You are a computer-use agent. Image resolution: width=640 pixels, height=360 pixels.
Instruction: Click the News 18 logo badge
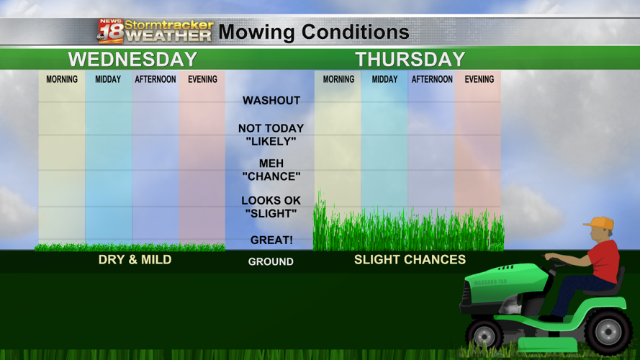click(x=110, y=31)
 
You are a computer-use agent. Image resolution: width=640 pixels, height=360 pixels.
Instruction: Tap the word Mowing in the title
click(x=256, y=32)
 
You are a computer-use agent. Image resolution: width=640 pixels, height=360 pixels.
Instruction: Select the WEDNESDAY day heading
click(x=132, y=59)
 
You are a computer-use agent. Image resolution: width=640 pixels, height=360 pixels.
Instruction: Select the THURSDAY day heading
click(x=410, y=59)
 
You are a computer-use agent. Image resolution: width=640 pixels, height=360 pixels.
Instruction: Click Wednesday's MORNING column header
click(x=62, y=79)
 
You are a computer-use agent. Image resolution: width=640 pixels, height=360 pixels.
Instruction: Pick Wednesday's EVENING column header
click(x=202, y=79)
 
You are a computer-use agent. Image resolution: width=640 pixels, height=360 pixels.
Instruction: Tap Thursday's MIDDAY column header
click(x=384, y=79)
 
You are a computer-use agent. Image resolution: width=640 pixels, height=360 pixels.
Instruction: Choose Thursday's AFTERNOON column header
click(x=432, y=79)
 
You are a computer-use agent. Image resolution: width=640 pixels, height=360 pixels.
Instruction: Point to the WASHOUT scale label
click(x=271, y=101)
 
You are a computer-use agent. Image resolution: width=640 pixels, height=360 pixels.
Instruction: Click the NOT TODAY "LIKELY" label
click(x=271, y=135)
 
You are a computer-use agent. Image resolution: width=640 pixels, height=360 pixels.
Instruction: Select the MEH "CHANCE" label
click(x=271, y=170)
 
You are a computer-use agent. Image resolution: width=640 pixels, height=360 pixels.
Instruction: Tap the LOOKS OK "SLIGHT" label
click(x=271, y=207)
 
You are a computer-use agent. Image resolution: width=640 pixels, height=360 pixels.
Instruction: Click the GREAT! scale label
click(x=271, y=240)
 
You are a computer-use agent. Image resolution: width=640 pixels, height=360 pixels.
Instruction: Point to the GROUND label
click(x=271, y=261)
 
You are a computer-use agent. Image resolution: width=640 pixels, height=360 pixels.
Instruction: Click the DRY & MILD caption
click(x=135, y=259)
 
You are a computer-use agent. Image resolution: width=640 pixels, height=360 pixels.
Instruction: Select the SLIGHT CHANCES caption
click(x=410, y=259)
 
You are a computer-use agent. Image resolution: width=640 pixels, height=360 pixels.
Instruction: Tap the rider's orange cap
click(x=599, y=223)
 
